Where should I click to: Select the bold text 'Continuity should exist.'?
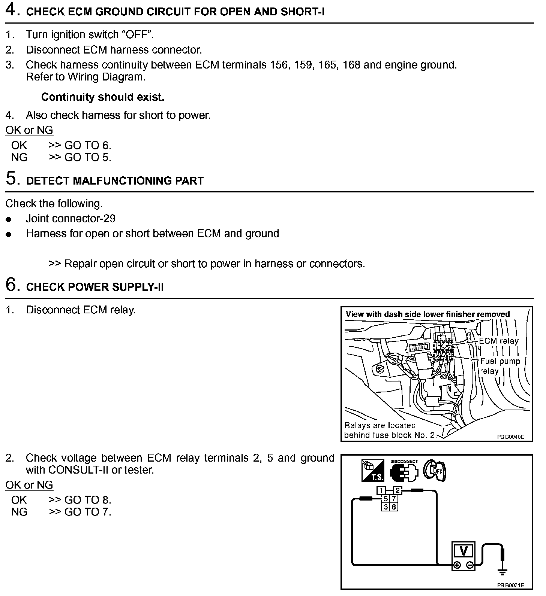[103, 97]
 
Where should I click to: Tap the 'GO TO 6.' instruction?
[88, 145]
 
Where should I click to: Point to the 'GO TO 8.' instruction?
[88, 500]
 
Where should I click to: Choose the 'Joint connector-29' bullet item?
[70, 218]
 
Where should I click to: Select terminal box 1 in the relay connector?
[381, 491]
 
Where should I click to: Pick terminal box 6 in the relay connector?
[394, 507]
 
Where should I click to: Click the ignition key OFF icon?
[435, 470]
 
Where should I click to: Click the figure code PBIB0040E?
[510, 437]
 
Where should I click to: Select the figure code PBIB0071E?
[510, 585]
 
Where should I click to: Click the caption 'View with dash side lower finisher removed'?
[427, 314]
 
